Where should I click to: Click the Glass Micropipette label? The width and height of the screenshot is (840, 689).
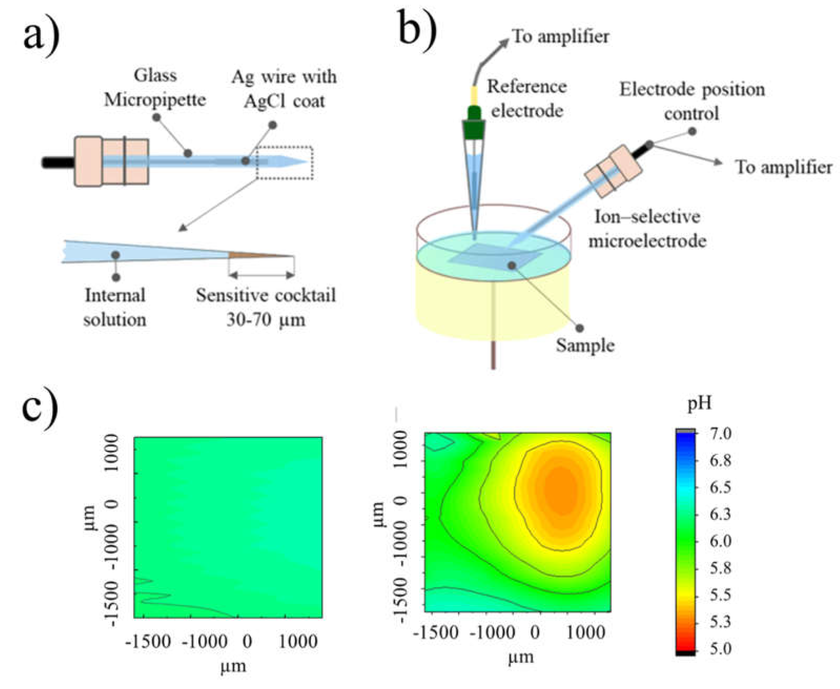(155, 88)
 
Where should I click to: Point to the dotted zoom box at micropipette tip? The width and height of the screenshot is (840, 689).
(285, 163)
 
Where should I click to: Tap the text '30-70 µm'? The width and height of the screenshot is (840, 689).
(266, 319)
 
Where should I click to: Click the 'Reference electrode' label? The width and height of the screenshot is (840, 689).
(527, 98)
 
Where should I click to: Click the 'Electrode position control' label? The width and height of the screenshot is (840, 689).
(692, 101)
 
